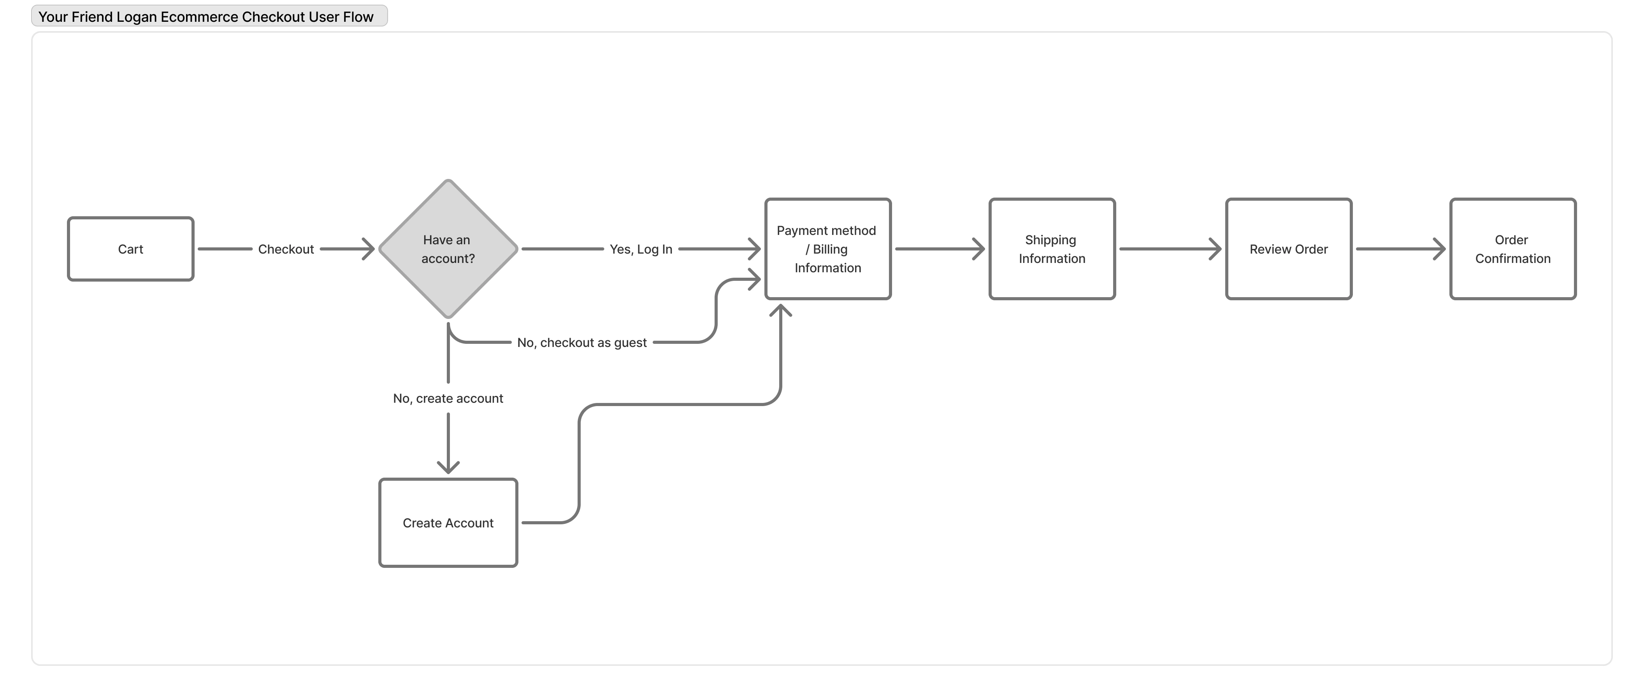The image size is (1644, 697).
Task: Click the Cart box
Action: click(130, 249)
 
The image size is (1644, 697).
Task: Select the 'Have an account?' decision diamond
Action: click(448, 249)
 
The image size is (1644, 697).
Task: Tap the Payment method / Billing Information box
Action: click(828, 249)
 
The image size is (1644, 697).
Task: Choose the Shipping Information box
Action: click(1052, 249)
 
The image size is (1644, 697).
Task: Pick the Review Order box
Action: click(1289, 249)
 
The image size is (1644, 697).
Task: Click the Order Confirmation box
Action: click(1512, 249)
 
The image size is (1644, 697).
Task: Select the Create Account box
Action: click(448, 523)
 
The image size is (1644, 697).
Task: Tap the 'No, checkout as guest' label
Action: click(581, 342)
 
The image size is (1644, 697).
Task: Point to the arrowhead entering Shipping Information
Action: click(979, 249)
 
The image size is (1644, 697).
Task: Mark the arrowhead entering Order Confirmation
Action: click(1440, 249)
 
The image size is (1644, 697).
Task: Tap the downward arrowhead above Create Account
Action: click(448, 467)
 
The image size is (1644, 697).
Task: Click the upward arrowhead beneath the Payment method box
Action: click(780, 310)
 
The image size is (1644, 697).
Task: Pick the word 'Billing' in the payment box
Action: click(830, 249)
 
